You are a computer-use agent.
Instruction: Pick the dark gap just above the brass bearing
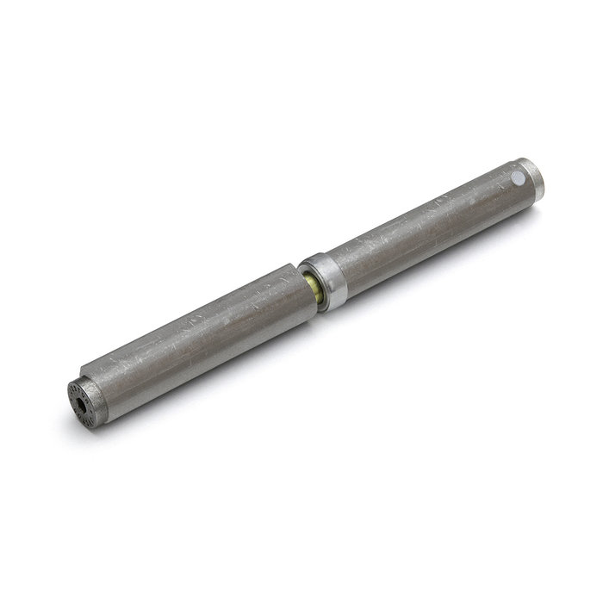(x=308, y=270)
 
